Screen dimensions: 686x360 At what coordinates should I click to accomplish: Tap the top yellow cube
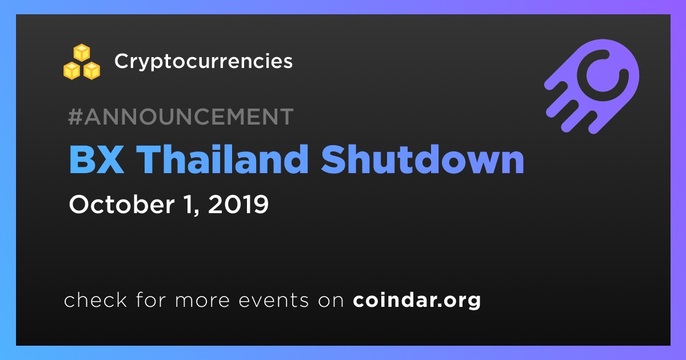(82, 53)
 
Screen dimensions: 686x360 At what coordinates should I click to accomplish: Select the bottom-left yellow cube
(71, 71)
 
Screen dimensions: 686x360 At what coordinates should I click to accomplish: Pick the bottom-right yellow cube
(92, 71)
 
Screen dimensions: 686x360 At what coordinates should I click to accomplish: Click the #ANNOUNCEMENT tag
(181, 117)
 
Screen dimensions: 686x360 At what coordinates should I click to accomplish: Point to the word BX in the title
(97, 159)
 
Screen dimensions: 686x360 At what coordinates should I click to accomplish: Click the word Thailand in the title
(222, 159)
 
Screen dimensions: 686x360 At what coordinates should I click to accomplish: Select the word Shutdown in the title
(422, 159)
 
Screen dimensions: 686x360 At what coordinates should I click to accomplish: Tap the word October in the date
(122, 204)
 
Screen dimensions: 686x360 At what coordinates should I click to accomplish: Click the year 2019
(238, 204)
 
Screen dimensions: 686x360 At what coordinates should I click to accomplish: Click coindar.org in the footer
(417, 301)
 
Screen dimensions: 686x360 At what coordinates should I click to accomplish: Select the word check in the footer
(95, 299)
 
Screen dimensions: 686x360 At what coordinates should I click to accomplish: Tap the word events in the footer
(274, 301)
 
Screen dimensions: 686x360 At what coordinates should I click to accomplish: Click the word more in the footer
(202, 301)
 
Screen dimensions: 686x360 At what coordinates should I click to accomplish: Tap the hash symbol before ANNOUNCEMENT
(75, 117)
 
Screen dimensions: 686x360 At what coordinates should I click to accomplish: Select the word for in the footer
(151, 299)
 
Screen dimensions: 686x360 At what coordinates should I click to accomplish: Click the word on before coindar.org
(331, 301)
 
